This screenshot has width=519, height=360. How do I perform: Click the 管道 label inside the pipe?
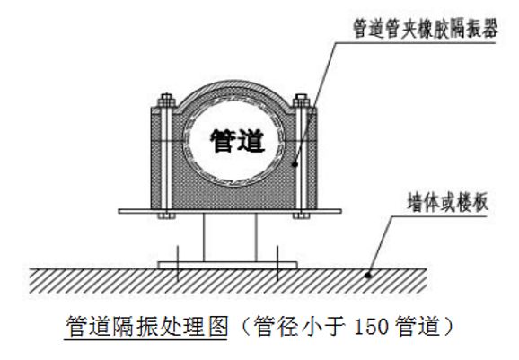pyautogui.click(x=238, y=141)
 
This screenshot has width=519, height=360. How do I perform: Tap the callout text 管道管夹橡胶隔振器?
pyautogui.click(x=426, y=29)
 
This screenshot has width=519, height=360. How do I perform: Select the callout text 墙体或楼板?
pyautogui.click(x=448, y=202)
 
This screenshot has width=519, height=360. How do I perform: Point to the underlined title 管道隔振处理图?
pyautogui.click(x=146, y=327)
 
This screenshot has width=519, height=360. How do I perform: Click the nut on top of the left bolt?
pyautogui.click(x=166, y=100)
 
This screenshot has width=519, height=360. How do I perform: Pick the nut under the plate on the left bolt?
pyautogui.click(x=166, y=216)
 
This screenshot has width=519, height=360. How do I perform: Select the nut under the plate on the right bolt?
pyautogui.click(x=301, y=216)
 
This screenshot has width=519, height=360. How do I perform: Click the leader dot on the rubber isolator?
pyautogui.click(x=295, y=164)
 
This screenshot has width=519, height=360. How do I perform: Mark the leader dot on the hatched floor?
pyautogui.click(x=368, y=275)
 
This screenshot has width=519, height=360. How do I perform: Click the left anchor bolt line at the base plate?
pyautogui.click(x=178, y=263)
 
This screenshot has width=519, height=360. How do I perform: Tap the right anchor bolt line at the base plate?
pyautogui.click(x=277, y=263)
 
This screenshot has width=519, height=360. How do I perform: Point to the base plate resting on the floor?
pyautogui.click(x=228, y=265)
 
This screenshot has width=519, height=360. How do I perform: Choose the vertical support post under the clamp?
pyautogui.click(x=230, y=237)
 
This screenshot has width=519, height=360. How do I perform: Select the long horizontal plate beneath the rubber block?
pyautogui.click(x=230, y=211)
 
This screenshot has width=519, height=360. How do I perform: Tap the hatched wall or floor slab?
pyautogui.click(x=228, y=281)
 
